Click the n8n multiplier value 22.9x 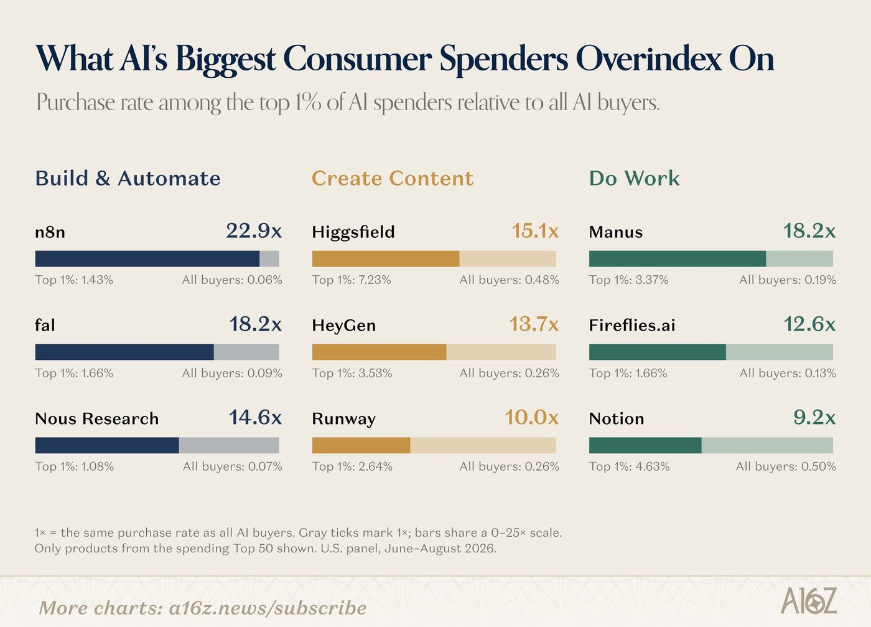pyautogui.click(x=254, y=231)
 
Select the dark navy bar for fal pyautogui.click(x=124, y=352)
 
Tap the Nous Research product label pyautogui.click(x=97, y=419)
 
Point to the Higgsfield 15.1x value pyautogui.click(x=535, y=231)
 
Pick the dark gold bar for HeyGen pyautogui.click(x=379, y=352)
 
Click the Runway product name pyautogui.click(x=343, y=420)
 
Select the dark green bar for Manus pyautogui.click(x=678, y=259)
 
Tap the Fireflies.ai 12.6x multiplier pyautogui.click(x=809, y=324)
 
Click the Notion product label pyautogui.click(x=617, y=419)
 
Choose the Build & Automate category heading pyautogui.click(x=128, y=178)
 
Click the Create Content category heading pyautogui.click(x=393, y=178)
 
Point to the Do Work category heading pyautogui.click(x=635, y=178)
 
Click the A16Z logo pyautogui.click(x=808, y=600)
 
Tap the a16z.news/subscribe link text pyautogui.click(x=268, y=608)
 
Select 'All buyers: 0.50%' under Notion pyautogui.click(x=786, y=466)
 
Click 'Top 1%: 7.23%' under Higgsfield pyautogui.click(x=352, y=280)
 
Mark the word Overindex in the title pyautogui.click(x=648, y=59)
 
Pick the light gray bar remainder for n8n pyautogui.click(x=269, y=259)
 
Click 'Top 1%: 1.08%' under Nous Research pyautogui.click(x=74, y=466)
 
